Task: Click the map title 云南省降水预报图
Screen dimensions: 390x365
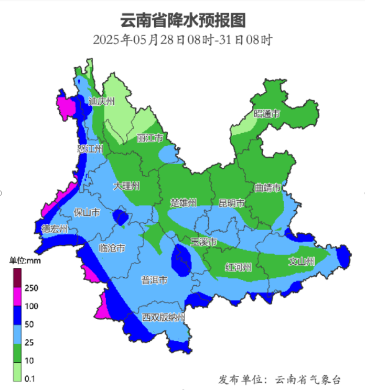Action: pyautogui.click(x=182, y=20)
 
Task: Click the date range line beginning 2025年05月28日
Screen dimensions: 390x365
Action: pyautogui.click(x=182, y=40)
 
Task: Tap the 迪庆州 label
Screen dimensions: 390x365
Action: pyautogui.click(x=101, y=102)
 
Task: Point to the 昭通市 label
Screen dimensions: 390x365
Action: pyautogui.click(x=267, y=114)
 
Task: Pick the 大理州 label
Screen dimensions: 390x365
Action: pyautogui.click(x=126, y=186)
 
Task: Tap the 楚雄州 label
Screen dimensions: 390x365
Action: pyautogui.click(x=184, y=203)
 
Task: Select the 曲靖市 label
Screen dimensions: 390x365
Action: pyautogui.click(x=268, y=188)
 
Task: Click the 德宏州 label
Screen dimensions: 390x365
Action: pyautogui.click(x=55, y=229)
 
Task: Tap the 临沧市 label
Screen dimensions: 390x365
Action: pyautogui.click(x=112, y=248)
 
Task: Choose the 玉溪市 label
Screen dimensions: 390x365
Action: pyautogui.click(x=203, y=242)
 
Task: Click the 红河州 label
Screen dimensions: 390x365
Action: pyautogui.click(x=239, y=267)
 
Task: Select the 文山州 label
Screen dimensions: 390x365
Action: pyautogui.click(x=302, y=262)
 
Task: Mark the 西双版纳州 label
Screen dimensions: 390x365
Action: pyautogui.click(x=164, y=318)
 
